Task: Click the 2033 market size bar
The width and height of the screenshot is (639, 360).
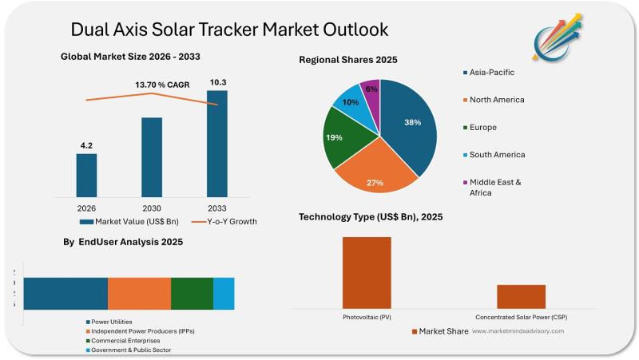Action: point(216,144)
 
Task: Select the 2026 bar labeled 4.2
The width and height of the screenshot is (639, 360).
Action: point(86,175)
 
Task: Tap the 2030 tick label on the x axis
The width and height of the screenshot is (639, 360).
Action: point(152,207)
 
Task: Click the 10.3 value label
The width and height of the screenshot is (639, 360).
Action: point(216,82)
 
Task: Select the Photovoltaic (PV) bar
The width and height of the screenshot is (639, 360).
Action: point(367,272)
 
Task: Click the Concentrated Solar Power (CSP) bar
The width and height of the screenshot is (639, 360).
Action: point(521,295)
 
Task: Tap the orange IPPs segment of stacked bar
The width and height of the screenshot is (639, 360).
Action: point(139,293)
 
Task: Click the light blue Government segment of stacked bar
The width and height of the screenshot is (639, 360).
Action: point(224,293)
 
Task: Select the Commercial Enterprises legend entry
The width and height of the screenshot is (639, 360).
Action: point(128,341)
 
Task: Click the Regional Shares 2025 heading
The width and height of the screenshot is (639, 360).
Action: point(347,60)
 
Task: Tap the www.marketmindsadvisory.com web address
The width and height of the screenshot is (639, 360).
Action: point(518,330)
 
